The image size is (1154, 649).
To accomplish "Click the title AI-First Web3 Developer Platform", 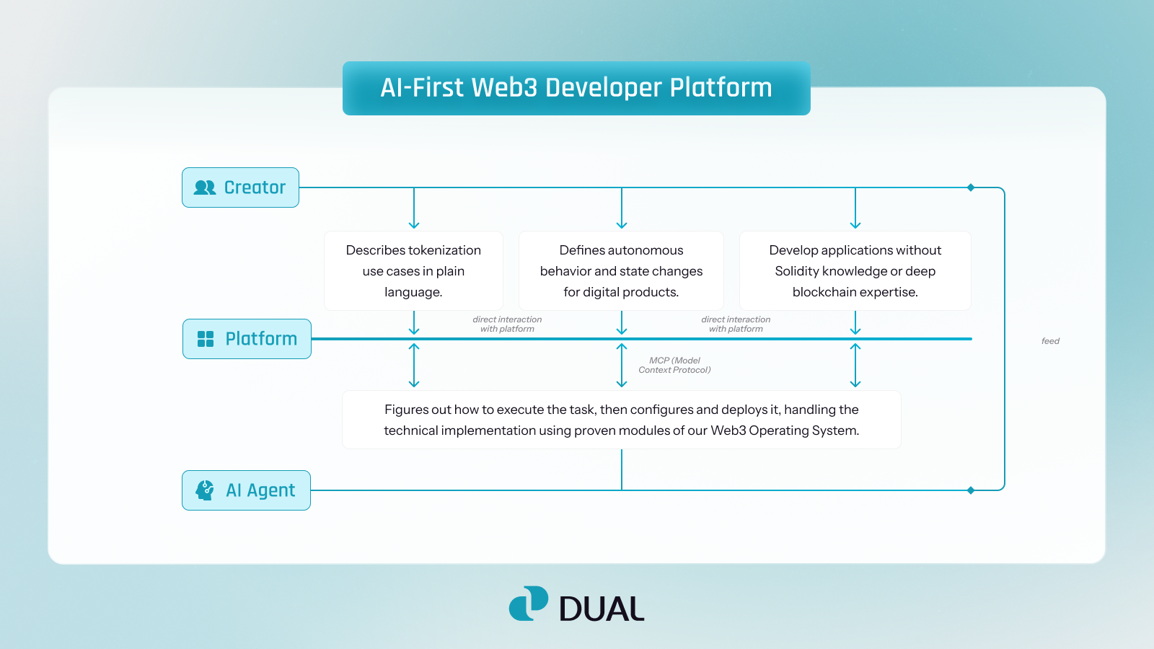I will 576,88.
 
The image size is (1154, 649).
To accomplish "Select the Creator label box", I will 240,187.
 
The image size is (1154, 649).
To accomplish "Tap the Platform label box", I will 247,339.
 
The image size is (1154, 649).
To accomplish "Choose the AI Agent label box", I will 246,490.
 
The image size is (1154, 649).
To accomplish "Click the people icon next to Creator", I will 205,187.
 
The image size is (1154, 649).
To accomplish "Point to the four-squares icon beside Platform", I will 206,339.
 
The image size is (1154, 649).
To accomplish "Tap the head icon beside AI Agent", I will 205,490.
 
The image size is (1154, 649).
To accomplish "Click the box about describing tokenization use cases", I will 413,271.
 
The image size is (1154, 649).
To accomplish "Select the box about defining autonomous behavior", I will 621,271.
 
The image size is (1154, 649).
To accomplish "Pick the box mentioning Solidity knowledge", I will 855,271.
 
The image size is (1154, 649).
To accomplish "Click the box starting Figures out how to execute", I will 621,420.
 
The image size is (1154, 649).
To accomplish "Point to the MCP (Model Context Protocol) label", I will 674,365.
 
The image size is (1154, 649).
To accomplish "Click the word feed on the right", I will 1050,341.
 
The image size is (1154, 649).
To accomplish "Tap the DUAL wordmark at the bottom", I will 601,609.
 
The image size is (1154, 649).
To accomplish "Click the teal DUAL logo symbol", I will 529,604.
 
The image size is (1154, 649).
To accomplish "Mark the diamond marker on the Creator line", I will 971,187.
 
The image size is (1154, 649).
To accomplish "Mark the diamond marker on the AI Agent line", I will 971,490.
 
